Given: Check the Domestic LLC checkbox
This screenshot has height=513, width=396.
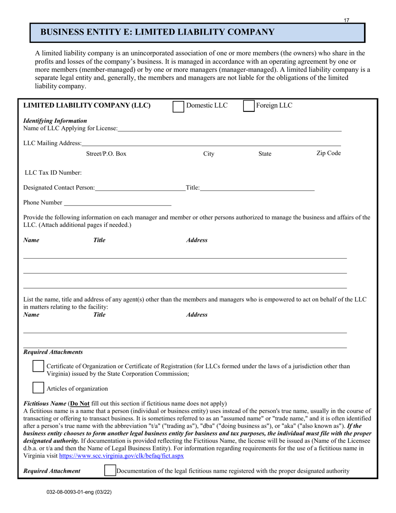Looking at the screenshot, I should pyautogui.click(x=178, y=106).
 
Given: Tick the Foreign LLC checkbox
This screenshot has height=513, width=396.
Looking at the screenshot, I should pyautogui.click(x=248, y=106).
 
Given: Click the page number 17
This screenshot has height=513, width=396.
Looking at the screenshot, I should pyautogui.click(x=346, y=20).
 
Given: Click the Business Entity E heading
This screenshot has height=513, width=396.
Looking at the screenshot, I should pyautogui.click(x=157, y=33).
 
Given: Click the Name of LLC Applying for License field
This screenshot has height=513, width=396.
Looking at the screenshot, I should pyautogui.click(x=229, y=128).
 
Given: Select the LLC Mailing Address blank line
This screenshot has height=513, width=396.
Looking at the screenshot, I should pyautogui.click(x=211, y=143).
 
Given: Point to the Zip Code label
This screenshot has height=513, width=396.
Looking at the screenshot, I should pyautogui.click(x=328, y=153).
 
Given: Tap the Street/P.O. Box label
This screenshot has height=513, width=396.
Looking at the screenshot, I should pyautogui.click(x=106, y=154).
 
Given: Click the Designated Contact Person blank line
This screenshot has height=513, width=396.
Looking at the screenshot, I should pyautogui.click(x=140, y=188).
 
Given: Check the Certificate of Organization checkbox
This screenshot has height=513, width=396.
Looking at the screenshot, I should pyautogui.click(x=38, y=366).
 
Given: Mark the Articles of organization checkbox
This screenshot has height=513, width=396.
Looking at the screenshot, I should pyautogui.click(x=38, y=388).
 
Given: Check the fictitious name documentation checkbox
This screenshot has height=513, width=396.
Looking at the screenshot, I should pyautogui.click(x=110, y=470).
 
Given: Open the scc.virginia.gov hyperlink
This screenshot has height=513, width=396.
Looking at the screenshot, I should pyautogui.click(x=121, y=456).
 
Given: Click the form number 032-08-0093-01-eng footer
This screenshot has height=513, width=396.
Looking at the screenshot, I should pyautogui.click(x=79, y=492).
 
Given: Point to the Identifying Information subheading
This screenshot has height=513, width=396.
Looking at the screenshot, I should pyautogui.click(x=55, y=121).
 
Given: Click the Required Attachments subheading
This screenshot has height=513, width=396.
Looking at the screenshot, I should pyautogui.click(x=53, y=352).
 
